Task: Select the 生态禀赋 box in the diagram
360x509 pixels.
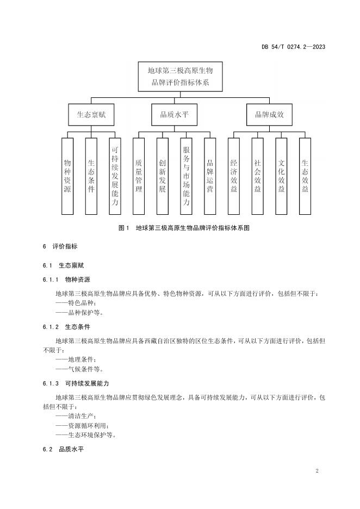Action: (91, 115)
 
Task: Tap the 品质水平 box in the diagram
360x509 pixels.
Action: (175, 115)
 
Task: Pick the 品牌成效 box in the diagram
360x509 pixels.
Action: (269, 115)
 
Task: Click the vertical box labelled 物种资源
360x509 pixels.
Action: (67, 176)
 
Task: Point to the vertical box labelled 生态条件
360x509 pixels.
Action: (91, 176)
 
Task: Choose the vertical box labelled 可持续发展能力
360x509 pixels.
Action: (115, 176)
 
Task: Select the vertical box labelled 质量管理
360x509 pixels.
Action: (139, 176)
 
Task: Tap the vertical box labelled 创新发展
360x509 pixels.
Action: (163, 176)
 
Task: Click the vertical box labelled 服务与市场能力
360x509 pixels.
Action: (186, 176)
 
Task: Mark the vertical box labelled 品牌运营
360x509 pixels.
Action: (210, 176)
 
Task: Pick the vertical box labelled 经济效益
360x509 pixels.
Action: (234, 176)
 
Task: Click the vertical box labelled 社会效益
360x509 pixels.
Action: (257, 176)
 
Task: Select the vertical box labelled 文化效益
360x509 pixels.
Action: (281, 176)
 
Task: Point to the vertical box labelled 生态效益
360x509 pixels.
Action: (305, 176)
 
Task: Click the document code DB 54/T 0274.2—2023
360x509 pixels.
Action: (293, 47)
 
